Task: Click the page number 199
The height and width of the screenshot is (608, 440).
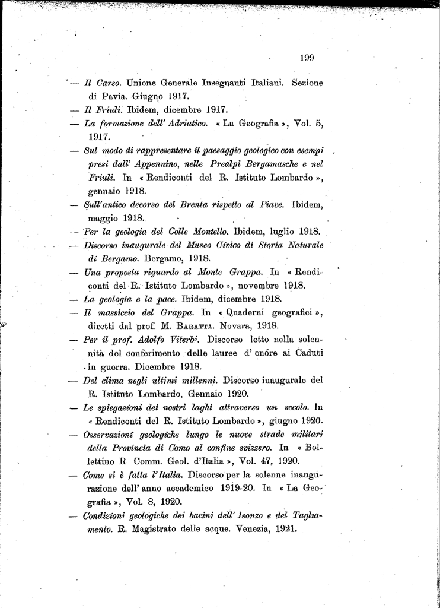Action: [x=307, y=58]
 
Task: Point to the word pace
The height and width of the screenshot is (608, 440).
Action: [x=165, y=299]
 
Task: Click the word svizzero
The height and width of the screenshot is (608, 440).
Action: [x=253, y=448]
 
